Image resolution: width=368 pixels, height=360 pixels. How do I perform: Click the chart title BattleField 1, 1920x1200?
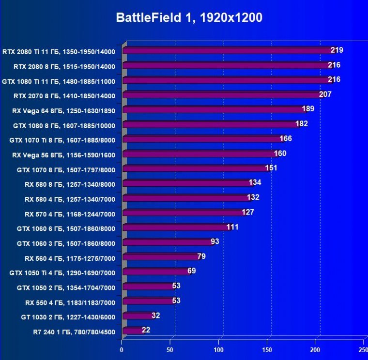click(189, 18)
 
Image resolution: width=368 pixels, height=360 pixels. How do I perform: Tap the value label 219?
click(337, 50)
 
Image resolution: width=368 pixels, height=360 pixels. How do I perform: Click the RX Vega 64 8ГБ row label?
click(63, 110)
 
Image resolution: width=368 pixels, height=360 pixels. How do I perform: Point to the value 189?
click(308, 108)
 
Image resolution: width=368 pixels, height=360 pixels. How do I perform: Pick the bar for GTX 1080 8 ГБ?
click(211, 124)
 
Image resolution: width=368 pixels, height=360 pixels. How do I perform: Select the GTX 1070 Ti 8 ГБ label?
click(62, 140)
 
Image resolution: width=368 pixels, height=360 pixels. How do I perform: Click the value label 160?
click(280, 153)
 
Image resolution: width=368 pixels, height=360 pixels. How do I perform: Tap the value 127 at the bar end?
click(248, 212)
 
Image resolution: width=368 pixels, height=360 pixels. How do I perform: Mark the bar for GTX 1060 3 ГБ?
click(168, 242)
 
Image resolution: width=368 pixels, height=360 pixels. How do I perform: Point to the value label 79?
click(201, 256)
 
